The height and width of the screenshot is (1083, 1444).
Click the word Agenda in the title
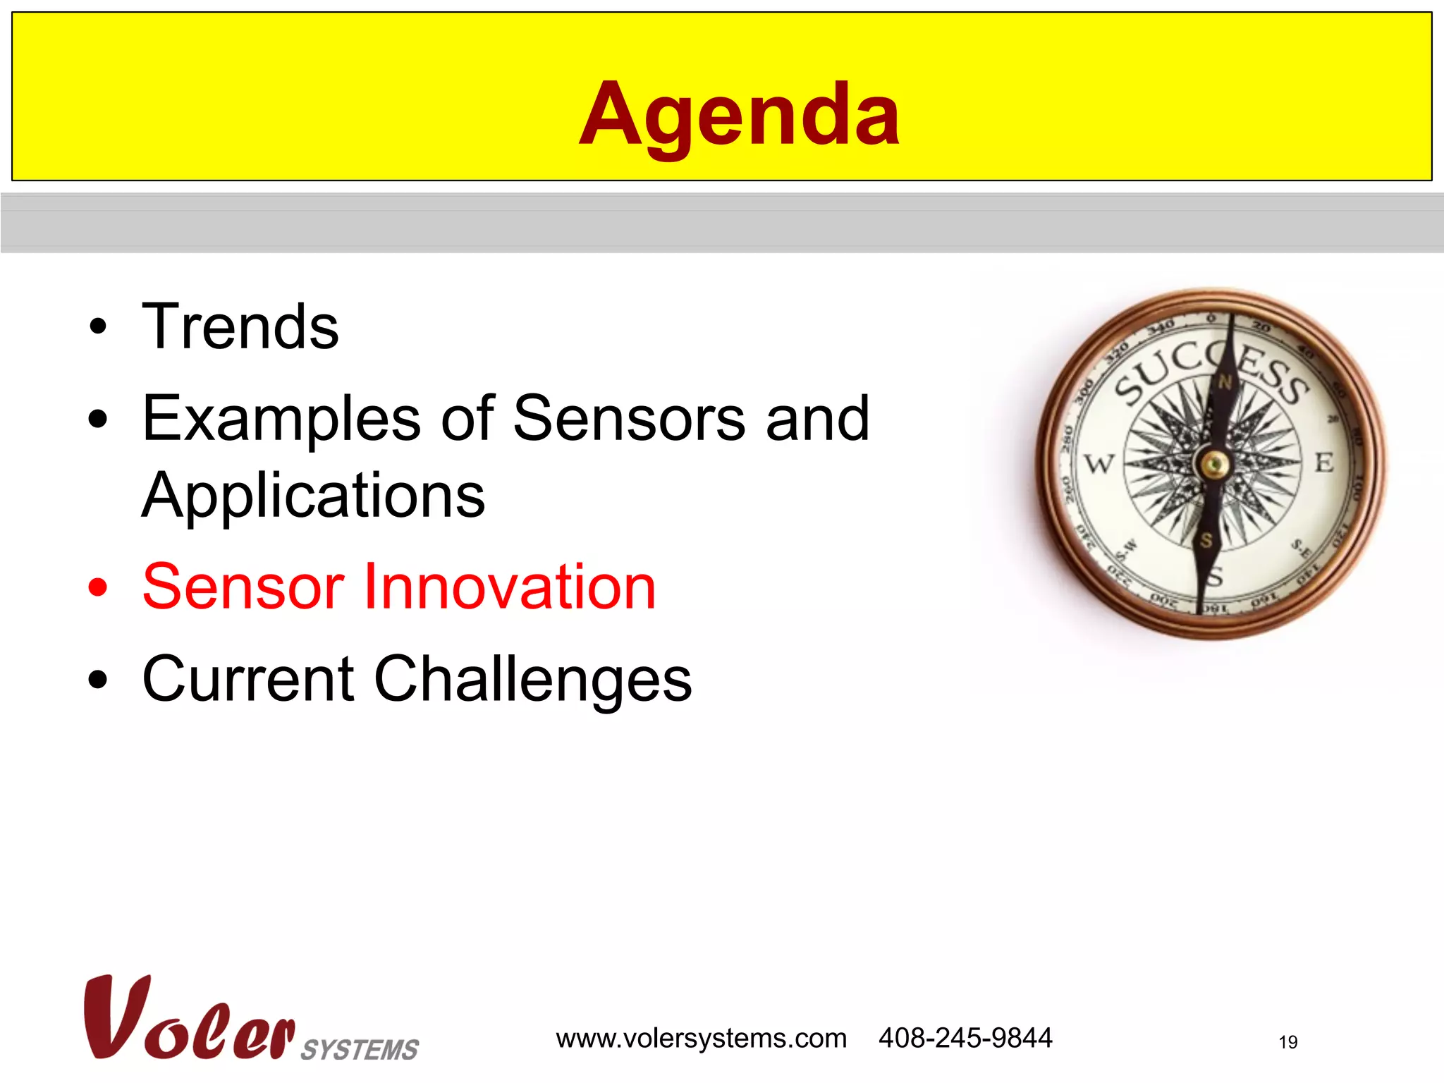pyautogui.click(x=738, y=115)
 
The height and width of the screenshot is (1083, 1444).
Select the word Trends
pyautogui.click(x=240, y=326)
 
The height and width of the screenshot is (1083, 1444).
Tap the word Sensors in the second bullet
pyautogui.click(x=629, y=419)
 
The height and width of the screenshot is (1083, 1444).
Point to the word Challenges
pyautogui.click(x=532, y=679)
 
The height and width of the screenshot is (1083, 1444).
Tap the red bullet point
pyautogui.click(x=98, y=587)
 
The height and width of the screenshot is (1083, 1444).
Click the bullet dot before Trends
pyautogui.click(x=98, y=327)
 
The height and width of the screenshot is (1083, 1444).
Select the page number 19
pyautogui.click(x=1287, y=1042)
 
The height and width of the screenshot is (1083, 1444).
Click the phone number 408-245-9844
pyautogui.click(x=965, y=1038)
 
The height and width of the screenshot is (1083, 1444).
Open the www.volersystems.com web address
pyautogui.click(x=701, y=1039)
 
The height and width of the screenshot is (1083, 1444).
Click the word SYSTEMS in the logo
pyautogui.click(x=360, y=1049)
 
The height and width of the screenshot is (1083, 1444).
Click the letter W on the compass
pyautogui.click(x=1099, y=464)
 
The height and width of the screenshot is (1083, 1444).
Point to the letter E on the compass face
pyautogui.click(x=1324, y=463)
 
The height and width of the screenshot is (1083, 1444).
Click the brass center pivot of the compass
pyautogui.click(x=1213, y=464)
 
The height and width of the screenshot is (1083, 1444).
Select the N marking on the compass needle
pyautogui.click(x=1225, y=383)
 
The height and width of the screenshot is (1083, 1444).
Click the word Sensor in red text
pyautogui.click(x=243, y=587)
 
